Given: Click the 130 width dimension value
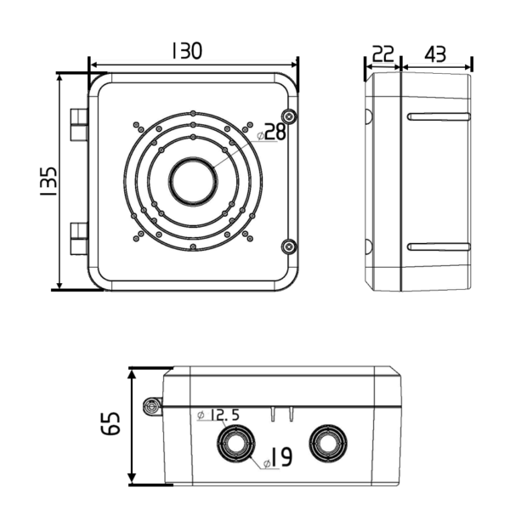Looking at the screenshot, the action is (187, 51).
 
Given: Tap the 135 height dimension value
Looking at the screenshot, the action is (48, 181).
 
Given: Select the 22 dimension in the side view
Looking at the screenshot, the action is (382, 54).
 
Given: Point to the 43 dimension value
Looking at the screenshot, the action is (435, 54).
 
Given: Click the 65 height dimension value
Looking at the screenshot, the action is (110, 423).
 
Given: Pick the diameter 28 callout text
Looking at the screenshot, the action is (271, 133).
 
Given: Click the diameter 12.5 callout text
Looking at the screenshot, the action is (218, 415).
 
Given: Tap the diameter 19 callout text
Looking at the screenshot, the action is (277, 457).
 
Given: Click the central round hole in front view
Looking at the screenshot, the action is (194, 181).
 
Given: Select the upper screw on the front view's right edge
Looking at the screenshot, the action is (289, 116).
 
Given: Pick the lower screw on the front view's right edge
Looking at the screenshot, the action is (289, 246).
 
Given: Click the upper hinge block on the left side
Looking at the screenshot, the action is (79, 125).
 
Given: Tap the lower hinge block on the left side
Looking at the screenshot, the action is (79, 238).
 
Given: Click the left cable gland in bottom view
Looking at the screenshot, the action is (235, 444).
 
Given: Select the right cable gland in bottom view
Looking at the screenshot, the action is (328, 444).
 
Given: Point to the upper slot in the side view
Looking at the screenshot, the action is (439, 116).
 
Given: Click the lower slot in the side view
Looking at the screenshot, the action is (439, 246).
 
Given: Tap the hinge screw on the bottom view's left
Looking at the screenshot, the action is (151, 406).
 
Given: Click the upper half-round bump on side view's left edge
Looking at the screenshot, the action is (369, 116).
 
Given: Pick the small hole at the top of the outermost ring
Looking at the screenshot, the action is (193, 114).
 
